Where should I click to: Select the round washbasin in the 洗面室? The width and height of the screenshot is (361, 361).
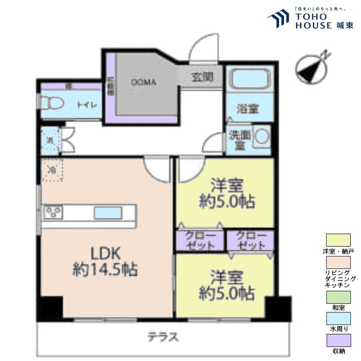coord(262,136)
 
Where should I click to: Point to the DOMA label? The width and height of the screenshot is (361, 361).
coord(143,82)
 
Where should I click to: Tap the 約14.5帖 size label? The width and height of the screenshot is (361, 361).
coord(105,270)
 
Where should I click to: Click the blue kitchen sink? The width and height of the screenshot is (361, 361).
coord(107,212)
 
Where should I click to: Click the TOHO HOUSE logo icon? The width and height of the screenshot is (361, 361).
coord(278,19)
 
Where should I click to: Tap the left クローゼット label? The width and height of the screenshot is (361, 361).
coord(198,240)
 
